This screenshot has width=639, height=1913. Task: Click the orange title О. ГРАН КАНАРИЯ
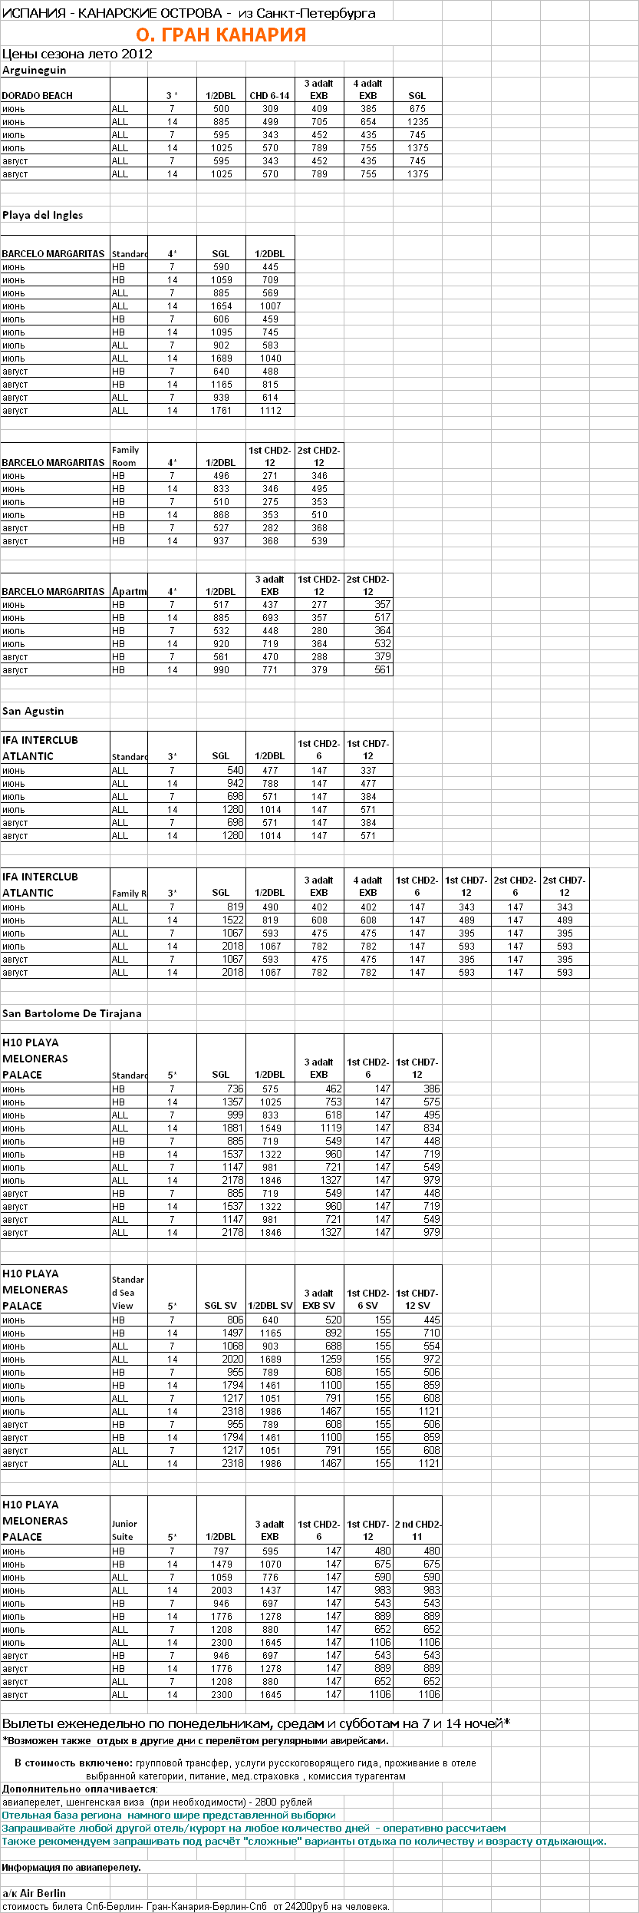[x=221, y=35]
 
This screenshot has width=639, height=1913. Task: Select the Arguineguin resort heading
[x=35, y=70]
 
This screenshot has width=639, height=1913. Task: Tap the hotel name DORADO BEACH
[x=38, y=96]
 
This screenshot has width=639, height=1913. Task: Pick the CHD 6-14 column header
[x=270, y=96]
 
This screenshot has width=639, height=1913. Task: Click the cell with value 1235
[x=417, y=122]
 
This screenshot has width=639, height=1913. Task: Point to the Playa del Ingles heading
[x=43, y=215]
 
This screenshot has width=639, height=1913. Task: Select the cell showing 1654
[x=221, y=306]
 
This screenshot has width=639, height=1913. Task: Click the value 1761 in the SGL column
[x=221, y=411]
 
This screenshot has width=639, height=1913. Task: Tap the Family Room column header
[x=125, y=456]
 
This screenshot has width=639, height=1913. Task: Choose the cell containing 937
[x=221, y=541]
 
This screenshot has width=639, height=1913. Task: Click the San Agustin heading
[x=33, y=711]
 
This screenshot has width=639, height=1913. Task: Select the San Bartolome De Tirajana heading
[x=72, y=1013]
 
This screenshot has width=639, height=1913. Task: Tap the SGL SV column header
[x=221, y=1306]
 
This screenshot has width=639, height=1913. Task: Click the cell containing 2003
[x=221, y=1591]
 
